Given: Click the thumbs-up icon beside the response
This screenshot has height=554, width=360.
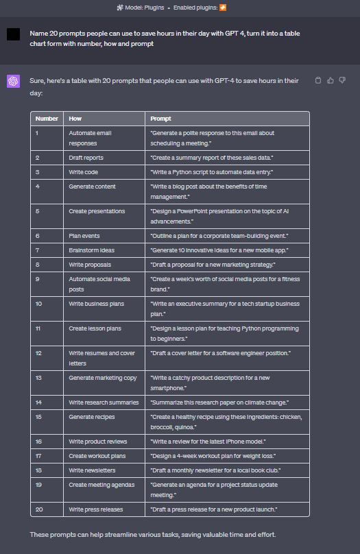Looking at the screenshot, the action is click(x=331, y=81).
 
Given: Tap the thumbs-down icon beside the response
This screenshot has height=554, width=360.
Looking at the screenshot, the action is click(x=342, y=81).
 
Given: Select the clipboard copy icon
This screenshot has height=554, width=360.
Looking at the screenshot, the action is click(x=318, y=81).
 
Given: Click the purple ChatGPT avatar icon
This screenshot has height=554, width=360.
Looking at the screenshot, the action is click(x=13, y=82).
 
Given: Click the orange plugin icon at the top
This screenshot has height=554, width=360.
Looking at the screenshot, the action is click(x=222, y=8).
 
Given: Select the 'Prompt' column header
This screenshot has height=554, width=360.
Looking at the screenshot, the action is click(x=161, y=119).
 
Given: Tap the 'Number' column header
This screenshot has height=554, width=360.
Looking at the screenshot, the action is click(x=47, y=119).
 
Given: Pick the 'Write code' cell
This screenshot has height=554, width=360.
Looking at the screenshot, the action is click(x=83, y=171).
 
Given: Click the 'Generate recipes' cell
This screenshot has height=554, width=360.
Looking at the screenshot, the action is click(x=92, y=416).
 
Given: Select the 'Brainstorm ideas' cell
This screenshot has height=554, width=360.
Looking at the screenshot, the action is click(x=92, y=250).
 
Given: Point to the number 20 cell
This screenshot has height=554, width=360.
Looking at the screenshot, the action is click(x=39, y=509).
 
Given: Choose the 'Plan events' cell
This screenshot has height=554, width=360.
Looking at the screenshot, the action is click(x=84, y=236).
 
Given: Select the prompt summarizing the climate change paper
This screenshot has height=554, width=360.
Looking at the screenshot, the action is click(x=219, y=402).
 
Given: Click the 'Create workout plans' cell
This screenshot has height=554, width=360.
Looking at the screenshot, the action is click(x=96, y=456).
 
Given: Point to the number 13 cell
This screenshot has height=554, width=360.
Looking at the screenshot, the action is click(x=39, y=377).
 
